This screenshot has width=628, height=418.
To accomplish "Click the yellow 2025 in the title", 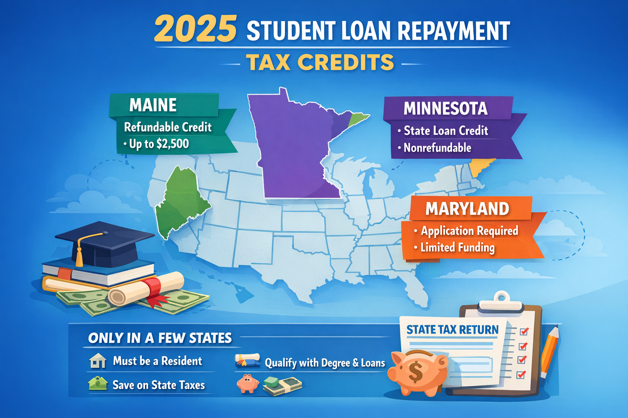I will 195,29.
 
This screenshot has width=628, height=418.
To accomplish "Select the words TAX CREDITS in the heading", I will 320,63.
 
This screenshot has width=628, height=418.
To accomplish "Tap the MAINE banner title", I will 153,105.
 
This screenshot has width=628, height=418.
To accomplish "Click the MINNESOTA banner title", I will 445,109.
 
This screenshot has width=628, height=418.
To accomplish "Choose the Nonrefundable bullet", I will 437,148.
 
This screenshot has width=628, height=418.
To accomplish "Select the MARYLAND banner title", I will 467,209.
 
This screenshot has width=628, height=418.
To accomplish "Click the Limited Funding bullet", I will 457,248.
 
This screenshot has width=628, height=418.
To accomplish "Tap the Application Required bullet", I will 469,231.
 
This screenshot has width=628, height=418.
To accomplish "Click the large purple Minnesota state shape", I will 294,147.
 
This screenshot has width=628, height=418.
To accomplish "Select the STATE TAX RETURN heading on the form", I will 452,330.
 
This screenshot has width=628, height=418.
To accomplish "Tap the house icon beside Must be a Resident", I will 98,361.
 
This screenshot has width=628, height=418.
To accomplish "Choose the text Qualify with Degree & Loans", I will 325,363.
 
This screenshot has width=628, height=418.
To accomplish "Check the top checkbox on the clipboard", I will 524,331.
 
